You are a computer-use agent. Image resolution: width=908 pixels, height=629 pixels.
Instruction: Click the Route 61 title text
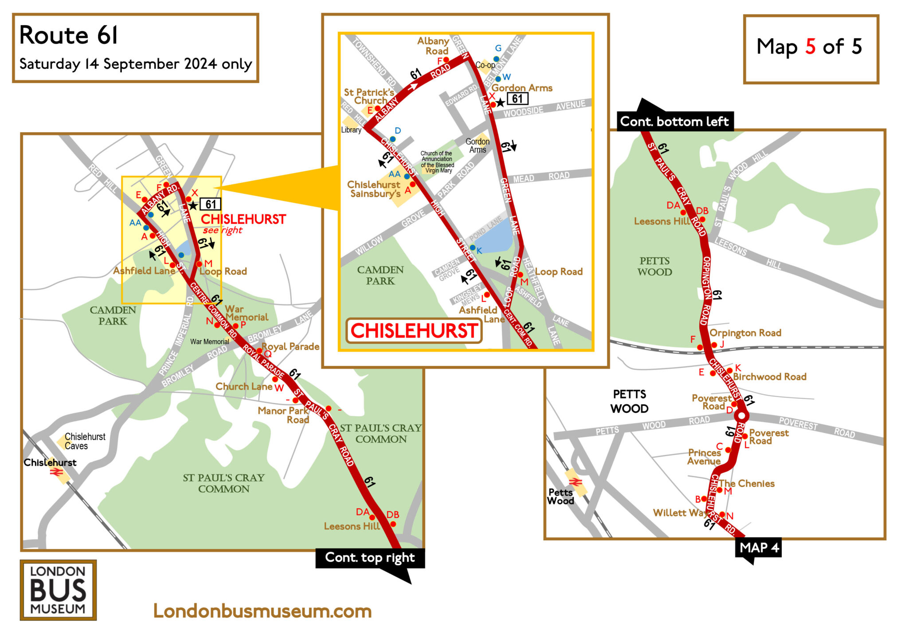69,35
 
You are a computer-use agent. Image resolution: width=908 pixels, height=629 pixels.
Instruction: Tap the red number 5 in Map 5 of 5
810,47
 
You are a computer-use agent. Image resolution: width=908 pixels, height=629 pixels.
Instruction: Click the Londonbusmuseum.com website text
262,611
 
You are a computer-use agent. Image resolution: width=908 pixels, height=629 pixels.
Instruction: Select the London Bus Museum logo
58,590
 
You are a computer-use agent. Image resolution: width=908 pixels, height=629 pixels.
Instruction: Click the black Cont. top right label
370,558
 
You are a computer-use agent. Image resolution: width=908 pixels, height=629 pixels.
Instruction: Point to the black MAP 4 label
759,548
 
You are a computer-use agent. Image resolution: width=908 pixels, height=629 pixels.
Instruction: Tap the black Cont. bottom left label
674,122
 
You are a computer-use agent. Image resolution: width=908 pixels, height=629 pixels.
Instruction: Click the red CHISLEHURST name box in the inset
414,331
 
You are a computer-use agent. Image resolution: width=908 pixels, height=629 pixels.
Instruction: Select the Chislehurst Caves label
85,441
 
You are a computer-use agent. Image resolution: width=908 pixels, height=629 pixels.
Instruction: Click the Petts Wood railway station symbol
575,482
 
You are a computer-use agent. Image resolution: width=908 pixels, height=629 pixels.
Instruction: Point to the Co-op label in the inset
485,65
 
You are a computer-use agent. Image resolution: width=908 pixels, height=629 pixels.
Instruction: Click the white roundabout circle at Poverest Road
741,416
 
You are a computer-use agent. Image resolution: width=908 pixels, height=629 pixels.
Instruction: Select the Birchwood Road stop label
769,377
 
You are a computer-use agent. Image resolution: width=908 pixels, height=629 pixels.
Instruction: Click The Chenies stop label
747,484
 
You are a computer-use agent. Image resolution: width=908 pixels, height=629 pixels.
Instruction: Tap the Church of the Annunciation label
437,162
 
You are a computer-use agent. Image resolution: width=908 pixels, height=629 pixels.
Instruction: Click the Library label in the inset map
351,130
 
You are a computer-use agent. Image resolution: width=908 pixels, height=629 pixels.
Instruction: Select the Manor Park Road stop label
283,415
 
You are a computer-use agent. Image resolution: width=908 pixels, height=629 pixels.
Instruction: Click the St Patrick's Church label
369,96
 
